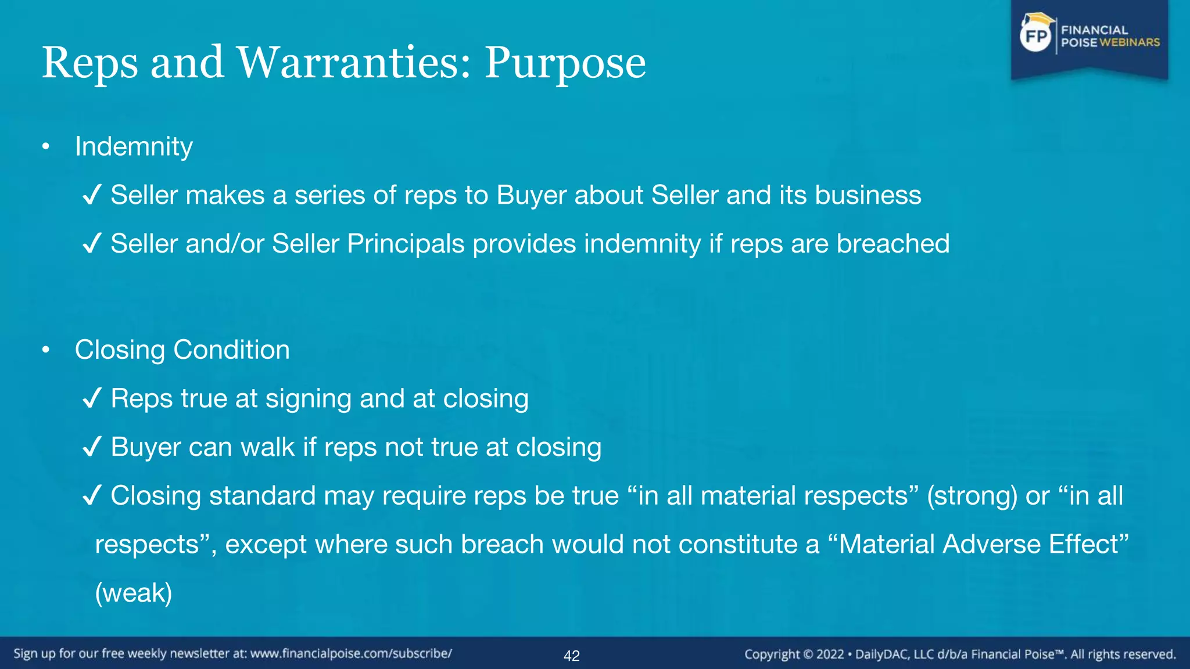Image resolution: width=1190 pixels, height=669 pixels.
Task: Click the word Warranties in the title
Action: (353, 63)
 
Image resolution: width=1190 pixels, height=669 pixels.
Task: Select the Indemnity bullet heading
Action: (134, 146)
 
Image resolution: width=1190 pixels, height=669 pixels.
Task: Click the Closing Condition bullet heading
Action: (182, 350)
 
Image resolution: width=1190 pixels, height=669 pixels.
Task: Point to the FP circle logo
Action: (1035, 37)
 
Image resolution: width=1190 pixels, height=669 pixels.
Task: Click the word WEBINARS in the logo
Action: (1130, 42)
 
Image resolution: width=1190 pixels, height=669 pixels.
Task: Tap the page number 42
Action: (572, 656)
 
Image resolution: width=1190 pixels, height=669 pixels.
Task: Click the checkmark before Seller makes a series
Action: (92, 195)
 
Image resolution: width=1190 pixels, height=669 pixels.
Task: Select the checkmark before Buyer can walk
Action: (92, 447)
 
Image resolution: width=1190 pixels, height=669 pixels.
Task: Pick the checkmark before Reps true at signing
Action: (92, 398)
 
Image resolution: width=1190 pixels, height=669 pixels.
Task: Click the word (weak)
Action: (134, 593)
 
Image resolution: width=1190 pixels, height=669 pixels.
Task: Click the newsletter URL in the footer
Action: (351, 654)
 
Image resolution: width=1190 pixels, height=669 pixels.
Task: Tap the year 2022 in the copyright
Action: (830, 654)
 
